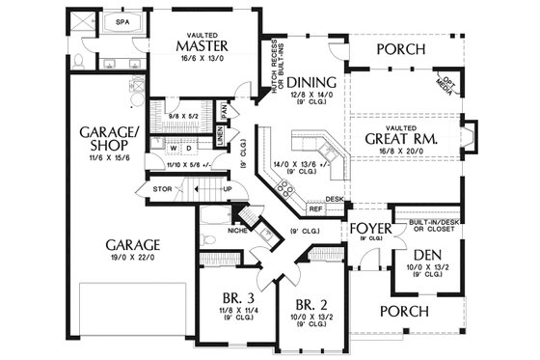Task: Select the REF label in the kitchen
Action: pos(314,208)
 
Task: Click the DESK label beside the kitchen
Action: pos(334,200)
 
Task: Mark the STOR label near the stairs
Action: pos(163,188)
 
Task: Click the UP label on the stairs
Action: pos(227,189)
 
